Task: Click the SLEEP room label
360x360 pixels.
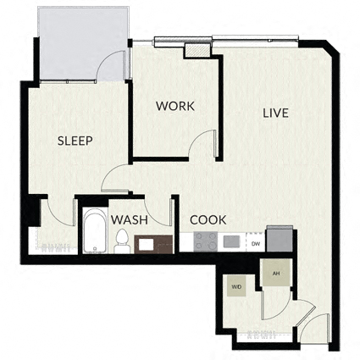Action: tap(75, 141)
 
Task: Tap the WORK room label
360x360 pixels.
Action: tap(175, 106)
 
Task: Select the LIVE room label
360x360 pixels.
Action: tap(275, 113)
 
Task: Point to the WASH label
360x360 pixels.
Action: tap(130, 220)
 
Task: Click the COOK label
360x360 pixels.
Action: tap(208, 220)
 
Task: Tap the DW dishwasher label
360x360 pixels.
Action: tap(256, 244)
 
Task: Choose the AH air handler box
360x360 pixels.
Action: tap(276, 273)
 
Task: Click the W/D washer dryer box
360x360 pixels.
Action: tap(236, 287)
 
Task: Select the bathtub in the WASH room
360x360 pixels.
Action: tap(95, 230)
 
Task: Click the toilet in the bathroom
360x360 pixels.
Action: tap(122, 241)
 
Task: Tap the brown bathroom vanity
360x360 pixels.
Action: tap(153, 244)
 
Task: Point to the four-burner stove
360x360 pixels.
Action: tap(205, 241)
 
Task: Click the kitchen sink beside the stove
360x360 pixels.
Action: tap(231, 241)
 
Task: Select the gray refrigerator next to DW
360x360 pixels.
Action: tap(280, 239)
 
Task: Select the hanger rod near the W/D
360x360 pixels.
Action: tap(262, 335)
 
